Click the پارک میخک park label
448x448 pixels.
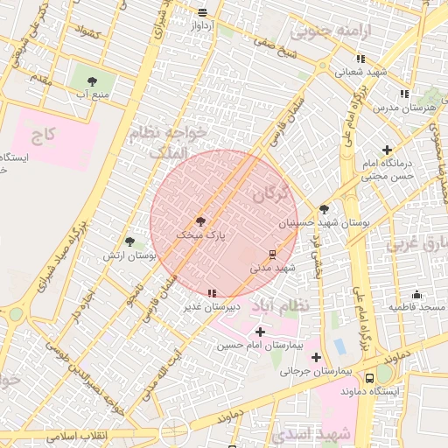click(195, 235)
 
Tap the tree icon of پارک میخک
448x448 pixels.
click(200, 221)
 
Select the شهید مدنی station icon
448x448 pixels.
click(272, 255)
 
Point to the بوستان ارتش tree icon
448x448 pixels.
click(130, 241)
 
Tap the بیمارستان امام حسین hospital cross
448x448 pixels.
click(260, 332)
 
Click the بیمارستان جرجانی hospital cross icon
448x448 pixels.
click(316, 356)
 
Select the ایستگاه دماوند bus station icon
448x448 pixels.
click(369, 378)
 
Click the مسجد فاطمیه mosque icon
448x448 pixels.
click(416, 295)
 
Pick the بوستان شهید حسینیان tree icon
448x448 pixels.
click(325, 209)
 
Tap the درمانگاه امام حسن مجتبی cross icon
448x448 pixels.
click(388, 150)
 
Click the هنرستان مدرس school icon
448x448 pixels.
click(403, 94)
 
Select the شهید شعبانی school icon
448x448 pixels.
click(360, 59)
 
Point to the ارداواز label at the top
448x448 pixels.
click(202, 24)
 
